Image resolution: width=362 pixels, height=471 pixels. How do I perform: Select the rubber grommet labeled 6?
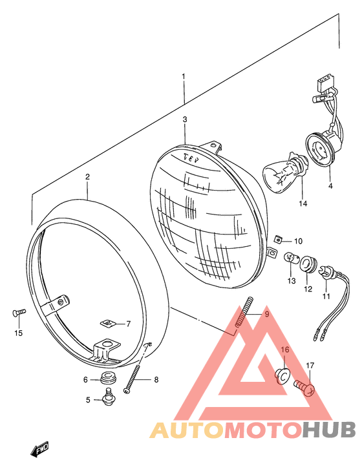pyautogui.click(x=107, y=378)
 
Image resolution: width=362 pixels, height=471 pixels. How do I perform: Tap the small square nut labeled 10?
pyautogui.click(x=278, y=240)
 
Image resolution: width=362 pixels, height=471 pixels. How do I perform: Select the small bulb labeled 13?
pyautogui.click(x=292, y=258)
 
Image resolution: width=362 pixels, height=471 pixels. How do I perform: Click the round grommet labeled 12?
pyautogui.click(x=308, y=264)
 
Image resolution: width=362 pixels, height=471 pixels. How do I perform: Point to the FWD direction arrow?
pyautogui.click(x=39, y=450)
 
